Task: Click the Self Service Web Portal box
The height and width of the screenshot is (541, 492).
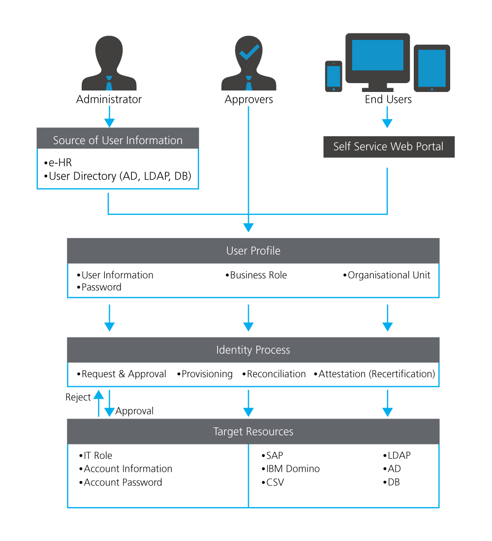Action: [389, 147]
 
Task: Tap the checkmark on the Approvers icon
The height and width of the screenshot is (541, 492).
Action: [249, 52]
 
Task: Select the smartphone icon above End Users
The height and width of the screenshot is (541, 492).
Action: [334, 76]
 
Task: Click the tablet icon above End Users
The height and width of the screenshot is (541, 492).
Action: [431, 68]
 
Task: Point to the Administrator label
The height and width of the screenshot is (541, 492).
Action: [109, 99]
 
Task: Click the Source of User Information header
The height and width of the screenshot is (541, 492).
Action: [118, 140]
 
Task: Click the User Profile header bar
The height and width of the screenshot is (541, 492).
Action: [253, 251]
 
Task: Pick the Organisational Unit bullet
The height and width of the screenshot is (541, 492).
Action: [388, 275]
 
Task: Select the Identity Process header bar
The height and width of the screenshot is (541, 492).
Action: [253, 350]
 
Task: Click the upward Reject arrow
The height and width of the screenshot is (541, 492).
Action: [99, 403]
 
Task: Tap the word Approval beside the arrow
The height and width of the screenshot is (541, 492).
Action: [134, 411]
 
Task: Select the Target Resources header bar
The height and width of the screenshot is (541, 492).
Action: [253, 432]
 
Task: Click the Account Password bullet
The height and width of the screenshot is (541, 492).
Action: [122, 482]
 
